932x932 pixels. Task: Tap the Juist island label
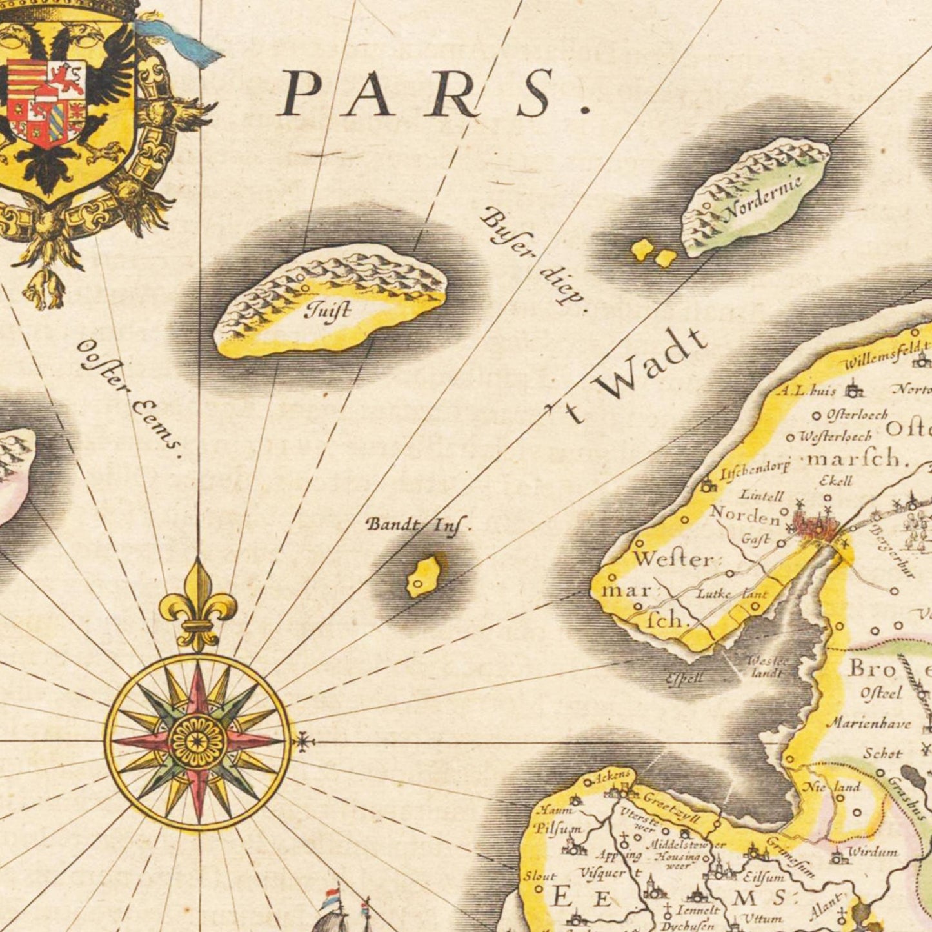click(329, 311)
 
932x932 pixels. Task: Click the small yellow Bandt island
click(424, 575)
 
